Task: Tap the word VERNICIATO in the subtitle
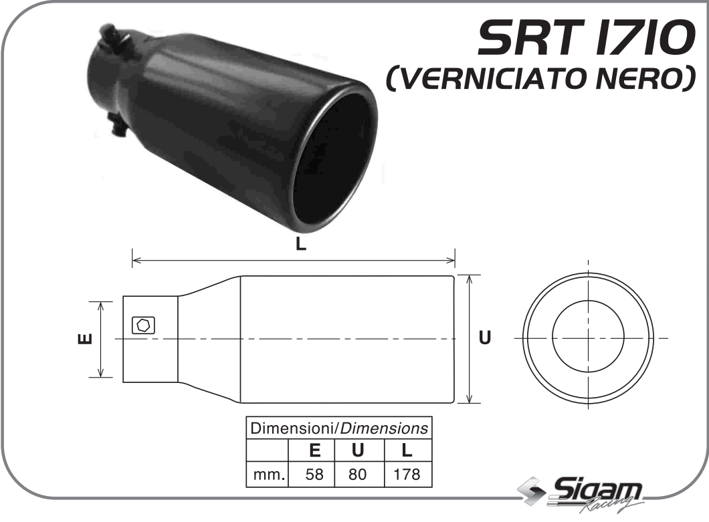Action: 504,80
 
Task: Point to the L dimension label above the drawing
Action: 301,245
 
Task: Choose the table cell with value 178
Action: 407,475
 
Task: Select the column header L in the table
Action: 407,450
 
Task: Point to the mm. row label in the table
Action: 268,475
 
